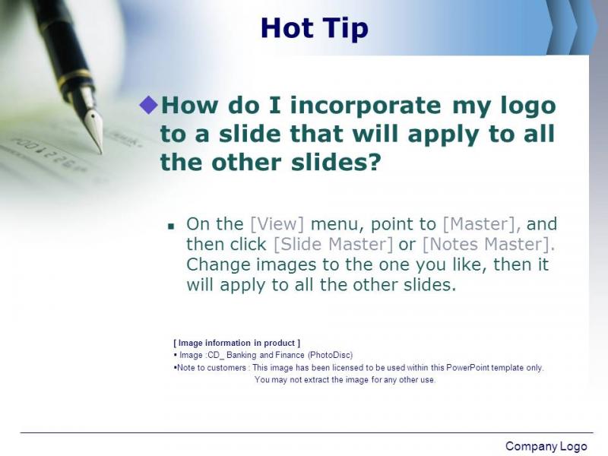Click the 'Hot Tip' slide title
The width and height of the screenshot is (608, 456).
tap(315, 28)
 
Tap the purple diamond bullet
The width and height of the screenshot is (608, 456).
tap(148, 105)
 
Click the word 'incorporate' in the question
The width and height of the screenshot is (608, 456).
tap(366, 106)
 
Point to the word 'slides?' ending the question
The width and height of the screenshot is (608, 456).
tap(337, 163)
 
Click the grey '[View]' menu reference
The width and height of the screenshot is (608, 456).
tap(277, 224)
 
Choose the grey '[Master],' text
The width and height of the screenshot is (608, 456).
tap(482, 224)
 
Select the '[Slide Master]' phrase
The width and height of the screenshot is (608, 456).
tap(333, 244)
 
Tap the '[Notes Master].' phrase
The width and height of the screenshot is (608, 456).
tap(488, 244)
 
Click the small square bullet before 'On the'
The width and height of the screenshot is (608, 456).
tap(171, 226)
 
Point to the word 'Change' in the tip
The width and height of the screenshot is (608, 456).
tap(218, 265)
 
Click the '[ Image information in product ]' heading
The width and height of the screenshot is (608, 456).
tap(237, 344)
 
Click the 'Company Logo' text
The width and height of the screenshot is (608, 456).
tap(546, 446)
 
